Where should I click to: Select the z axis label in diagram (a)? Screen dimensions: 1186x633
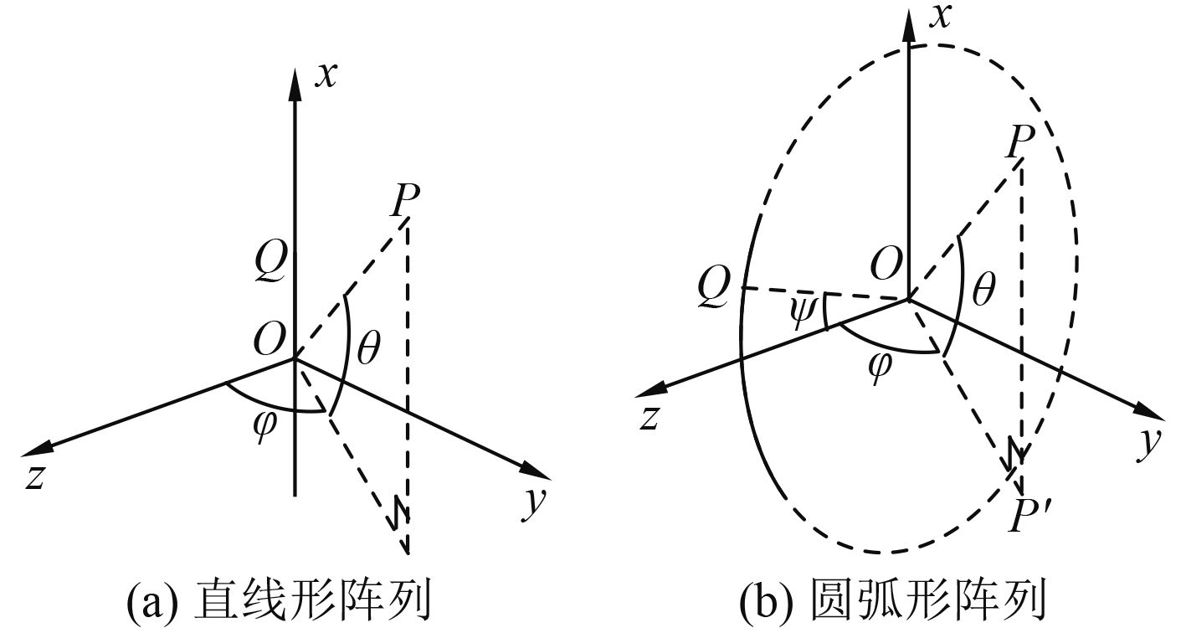tap(34, 476)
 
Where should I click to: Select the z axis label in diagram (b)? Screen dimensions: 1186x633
tap(647, 416)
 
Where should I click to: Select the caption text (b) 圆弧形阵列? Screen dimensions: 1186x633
tap(893, 601)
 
